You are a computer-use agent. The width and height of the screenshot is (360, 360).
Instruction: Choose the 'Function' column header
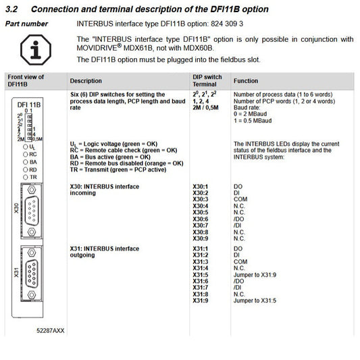click(x=245, y=80)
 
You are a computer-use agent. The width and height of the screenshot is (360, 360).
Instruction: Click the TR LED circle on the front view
click(x=24, y=176)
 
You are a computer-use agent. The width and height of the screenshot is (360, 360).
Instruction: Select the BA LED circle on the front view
click(x=24, y=161)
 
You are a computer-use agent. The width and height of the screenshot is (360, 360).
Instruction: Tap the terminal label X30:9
click(x=201, y=238)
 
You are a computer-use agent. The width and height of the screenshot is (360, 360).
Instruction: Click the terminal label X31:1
click(x=201, y=249)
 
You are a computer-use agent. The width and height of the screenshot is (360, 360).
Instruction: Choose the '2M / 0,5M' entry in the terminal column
click(x=207, y=107)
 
